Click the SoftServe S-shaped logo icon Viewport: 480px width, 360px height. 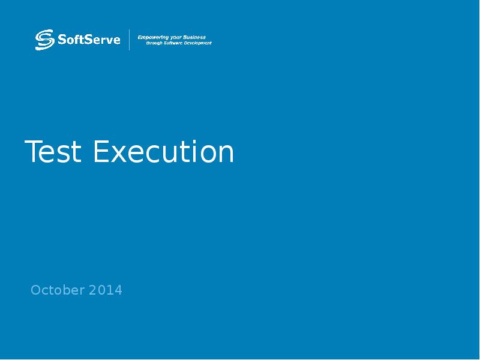(44, 40)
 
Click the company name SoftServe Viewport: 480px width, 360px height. (89, 40)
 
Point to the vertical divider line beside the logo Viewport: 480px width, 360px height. (130, 40)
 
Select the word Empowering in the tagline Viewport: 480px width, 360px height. (153, 37)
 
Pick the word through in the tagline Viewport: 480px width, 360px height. (155, 43)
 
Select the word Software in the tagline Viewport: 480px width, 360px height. (175, 43)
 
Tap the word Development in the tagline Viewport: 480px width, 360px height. (199, 43)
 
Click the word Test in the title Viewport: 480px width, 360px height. (53, 152)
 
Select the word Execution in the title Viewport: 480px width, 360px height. (163, 152)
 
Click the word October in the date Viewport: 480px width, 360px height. (58, 290)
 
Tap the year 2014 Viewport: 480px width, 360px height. (106, 290)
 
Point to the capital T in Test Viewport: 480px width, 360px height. (32, 152)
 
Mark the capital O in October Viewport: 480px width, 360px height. (35, 290)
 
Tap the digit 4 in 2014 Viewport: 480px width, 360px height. (118, 290)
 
